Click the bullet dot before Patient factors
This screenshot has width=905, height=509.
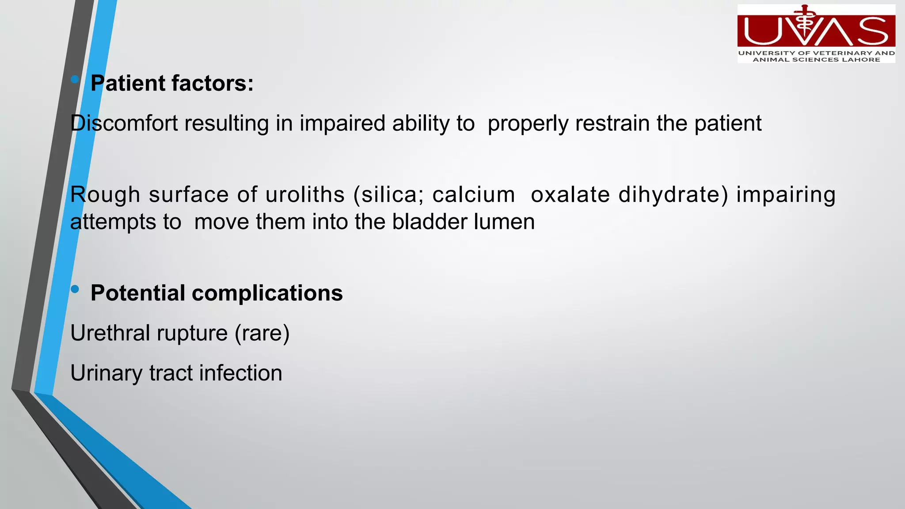(75, 80)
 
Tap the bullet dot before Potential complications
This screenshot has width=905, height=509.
(75, 289)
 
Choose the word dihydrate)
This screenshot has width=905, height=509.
(673, 195)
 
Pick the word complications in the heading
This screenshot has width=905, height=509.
(267, 293)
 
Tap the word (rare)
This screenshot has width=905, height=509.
(262, 333)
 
